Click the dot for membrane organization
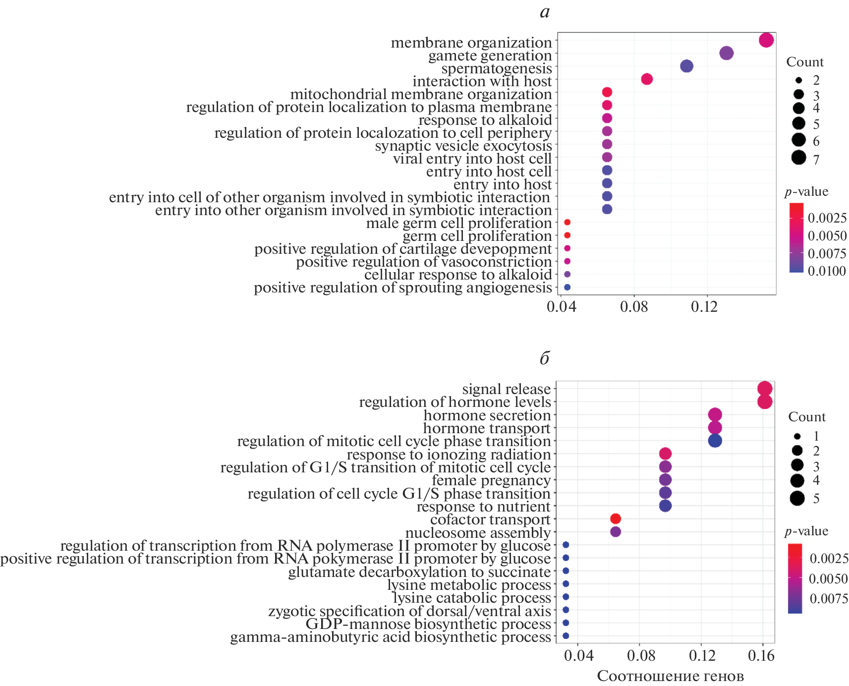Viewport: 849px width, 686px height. pos(766,40)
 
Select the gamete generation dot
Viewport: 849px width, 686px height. pos(726,53)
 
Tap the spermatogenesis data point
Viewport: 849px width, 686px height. pos(686,66)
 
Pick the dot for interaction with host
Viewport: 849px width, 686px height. pos(647,79)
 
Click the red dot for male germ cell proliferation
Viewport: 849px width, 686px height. pos(567,223)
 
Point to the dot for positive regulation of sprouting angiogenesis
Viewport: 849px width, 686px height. pos(567,287)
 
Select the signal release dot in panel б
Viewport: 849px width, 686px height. pos(765,389)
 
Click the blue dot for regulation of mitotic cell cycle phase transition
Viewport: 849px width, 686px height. pos(715,441)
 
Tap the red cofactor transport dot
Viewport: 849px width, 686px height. pos(616,518)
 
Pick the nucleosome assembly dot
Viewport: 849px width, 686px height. pos(616,532)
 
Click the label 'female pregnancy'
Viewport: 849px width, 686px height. pos(491,480)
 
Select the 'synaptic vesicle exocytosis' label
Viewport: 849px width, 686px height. pos(463,146)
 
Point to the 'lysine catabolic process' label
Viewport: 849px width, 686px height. pos(471,598)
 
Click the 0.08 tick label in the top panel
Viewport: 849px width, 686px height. pos(634,307)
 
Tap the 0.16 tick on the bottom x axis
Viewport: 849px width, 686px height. pos(761,656)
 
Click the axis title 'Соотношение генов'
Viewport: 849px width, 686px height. pos(670,676)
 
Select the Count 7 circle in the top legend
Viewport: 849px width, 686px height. pos(798,158)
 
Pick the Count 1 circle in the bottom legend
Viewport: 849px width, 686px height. pos(797,437)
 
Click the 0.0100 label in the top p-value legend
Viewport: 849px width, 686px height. pos(827,271)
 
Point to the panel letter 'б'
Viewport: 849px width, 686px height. pos(545,358)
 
